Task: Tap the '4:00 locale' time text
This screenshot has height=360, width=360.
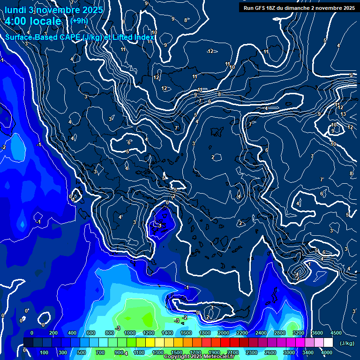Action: coord(33,22)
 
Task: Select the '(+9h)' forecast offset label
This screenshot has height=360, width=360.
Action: coord(79,21)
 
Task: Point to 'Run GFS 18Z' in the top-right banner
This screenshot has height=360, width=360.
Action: coord(260,7)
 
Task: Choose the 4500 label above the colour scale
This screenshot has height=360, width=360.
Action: coord(336,333)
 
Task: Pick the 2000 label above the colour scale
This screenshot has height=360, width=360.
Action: coord(224,333)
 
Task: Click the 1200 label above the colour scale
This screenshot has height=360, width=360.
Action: coord(149,333)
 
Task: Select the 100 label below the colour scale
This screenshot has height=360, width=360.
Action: coord(45,352)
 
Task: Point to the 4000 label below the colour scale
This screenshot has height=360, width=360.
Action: coord(327,352)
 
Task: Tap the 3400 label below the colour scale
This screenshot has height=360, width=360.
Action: coord(308,352)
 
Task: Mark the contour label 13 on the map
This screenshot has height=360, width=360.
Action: coord(343,114)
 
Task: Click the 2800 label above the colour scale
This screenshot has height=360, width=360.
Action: coord(280,333)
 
